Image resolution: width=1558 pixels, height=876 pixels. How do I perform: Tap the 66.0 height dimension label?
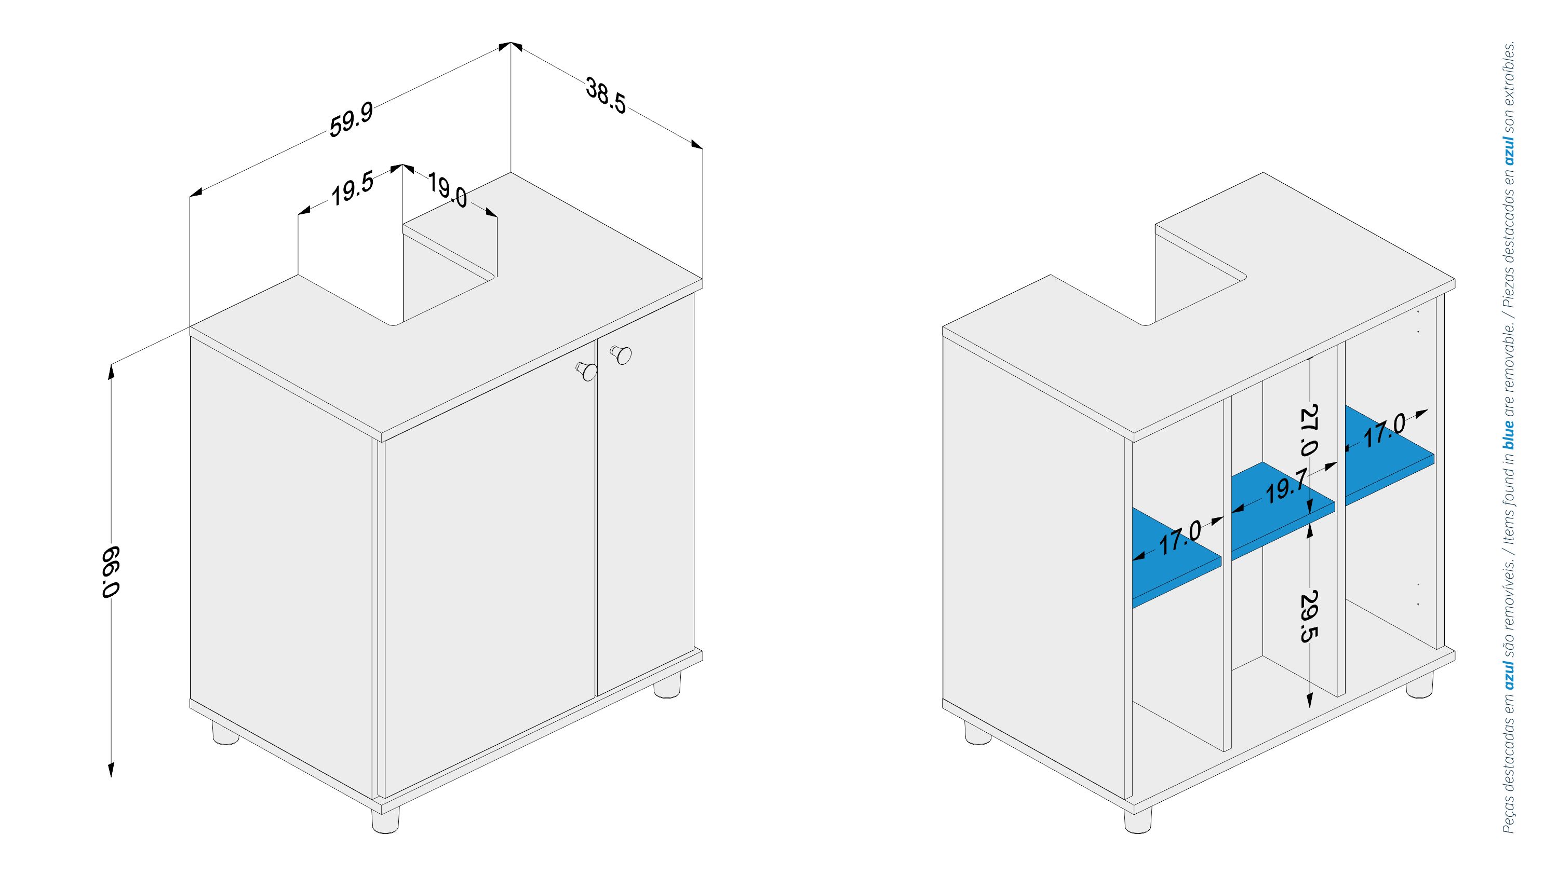point(111,572)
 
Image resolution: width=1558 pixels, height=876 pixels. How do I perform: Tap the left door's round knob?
point(586,371)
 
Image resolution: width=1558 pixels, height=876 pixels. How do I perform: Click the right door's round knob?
point(621,354)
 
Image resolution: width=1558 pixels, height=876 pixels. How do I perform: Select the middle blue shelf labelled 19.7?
point(1282,511)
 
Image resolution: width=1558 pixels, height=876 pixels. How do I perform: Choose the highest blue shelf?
point(1389,456)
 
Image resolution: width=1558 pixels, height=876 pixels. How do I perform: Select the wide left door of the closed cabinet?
point(489,568)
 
